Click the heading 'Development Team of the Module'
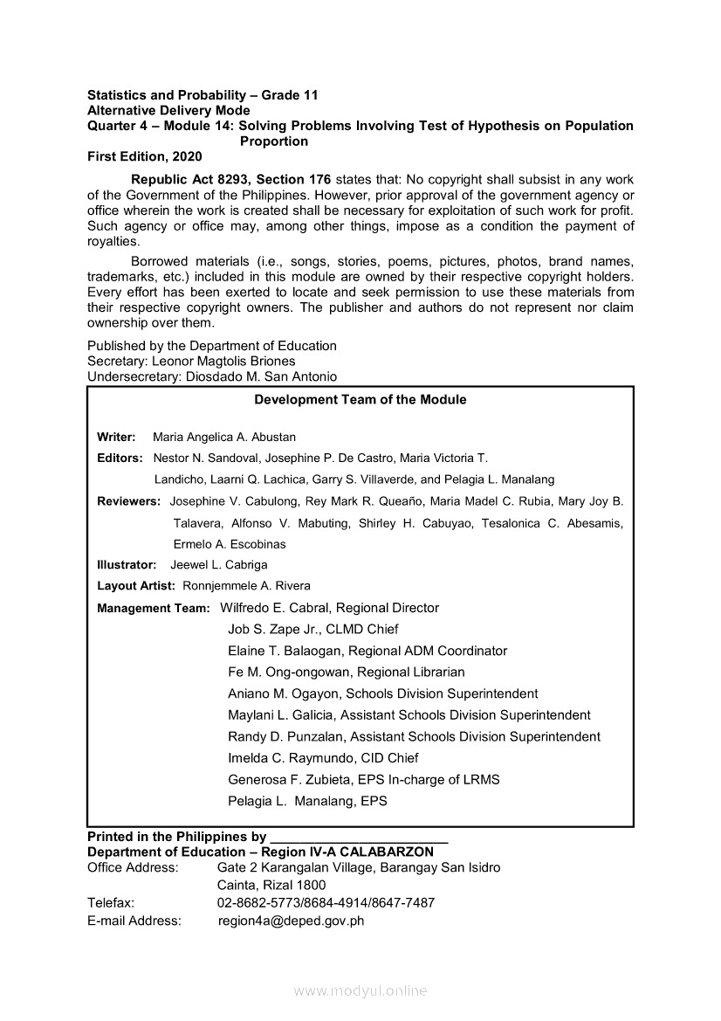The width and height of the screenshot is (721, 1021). [360, 400]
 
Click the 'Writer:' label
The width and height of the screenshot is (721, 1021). [116, 437]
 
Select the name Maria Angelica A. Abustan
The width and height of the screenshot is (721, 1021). [224, 437]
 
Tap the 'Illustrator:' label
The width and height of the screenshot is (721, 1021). [127, 565]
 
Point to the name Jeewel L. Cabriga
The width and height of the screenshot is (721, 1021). [219, 565]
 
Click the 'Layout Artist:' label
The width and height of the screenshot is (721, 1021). [136, 586]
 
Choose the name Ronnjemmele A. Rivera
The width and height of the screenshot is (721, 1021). [246, 586]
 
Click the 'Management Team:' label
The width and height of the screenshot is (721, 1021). [154, 608]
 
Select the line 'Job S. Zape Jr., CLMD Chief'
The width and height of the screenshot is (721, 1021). [312, 629]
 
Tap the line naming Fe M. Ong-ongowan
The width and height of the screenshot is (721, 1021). [346, 672]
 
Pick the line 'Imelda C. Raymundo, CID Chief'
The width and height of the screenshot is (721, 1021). [323, 757]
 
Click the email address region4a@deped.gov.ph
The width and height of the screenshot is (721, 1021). [291, 920]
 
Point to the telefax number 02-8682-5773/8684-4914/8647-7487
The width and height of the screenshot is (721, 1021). [326, 902]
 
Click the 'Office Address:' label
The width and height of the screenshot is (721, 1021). [133, 867]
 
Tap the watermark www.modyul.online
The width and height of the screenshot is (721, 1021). [360, 990]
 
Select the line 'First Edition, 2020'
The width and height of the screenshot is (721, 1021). [144, 156]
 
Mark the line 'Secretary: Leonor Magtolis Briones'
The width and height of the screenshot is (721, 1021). [191, 361]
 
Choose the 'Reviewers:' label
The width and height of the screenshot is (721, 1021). [129, 501]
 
